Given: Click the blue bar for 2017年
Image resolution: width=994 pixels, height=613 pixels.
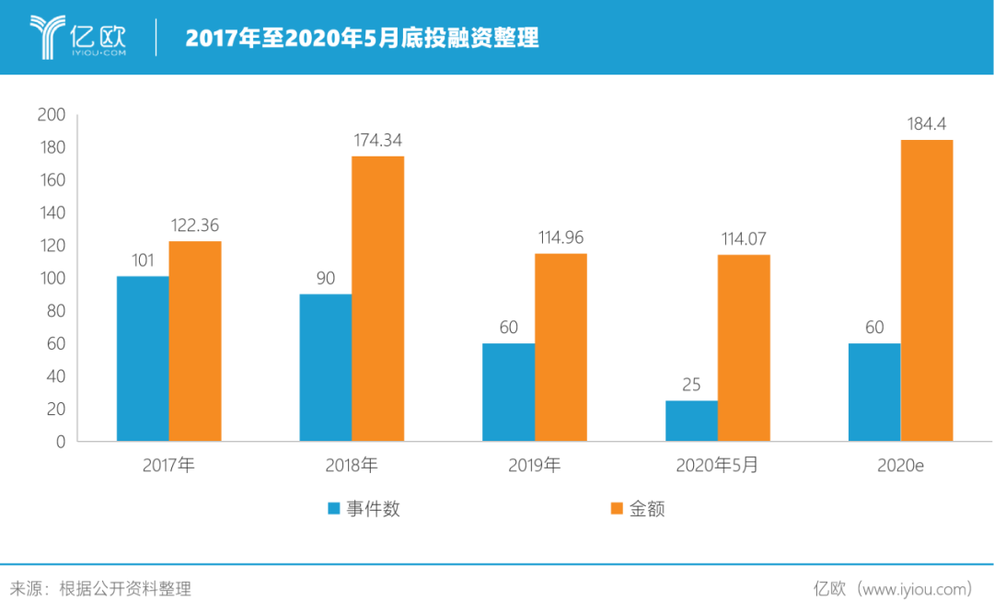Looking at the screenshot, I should coord(142,358).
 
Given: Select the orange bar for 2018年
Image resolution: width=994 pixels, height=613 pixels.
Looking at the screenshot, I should coord(378,298).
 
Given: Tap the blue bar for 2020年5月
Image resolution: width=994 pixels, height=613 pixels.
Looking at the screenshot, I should coord(691,420).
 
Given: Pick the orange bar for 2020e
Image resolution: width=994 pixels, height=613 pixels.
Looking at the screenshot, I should coord(927,290).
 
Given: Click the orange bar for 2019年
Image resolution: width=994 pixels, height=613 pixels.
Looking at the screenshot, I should coord(561,347).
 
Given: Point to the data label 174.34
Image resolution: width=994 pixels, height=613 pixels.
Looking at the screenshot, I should coord(378,141).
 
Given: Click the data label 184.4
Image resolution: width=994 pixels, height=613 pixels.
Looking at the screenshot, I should coord(927,123).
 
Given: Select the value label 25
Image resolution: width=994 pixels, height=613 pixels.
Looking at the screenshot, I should coord(691,384).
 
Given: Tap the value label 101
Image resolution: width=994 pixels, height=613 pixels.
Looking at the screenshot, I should coord(142,260).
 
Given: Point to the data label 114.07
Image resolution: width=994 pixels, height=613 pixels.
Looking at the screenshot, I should coord(744,237).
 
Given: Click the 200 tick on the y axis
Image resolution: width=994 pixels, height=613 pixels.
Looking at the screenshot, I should coord(51,115).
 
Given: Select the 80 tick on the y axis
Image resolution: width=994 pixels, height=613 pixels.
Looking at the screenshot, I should coord(55,311).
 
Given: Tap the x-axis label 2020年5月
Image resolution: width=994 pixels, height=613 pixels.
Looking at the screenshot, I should coord(718,466).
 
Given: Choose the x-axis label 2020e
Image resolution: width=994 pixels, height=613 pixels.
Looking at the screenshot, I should coord(900,467).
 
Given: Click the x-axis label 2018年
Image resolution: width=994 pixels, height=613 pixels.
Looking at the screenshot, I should coord(352,466).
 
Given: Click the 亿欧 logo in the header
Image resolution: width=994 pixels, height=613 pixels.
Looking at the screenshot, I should coord(77,37).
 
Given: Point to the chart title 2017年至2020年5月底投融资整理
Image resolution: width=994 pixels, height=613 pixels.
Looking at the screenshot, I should coord(362,38).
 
